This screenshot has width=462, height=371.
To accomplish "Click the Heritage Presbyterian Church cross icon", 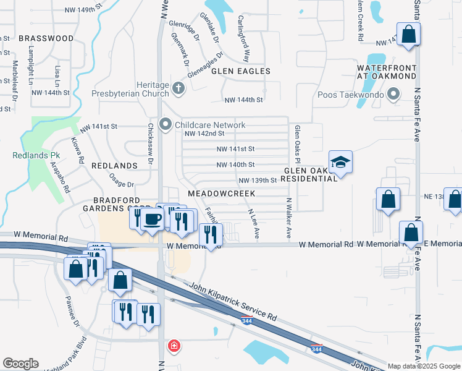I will (x=179, y=88).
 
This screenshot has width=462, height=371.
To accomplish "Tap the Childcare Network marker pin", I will (x=165, y=125).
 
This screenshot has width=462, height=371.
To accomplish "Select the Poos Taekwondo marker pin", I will (x=393, y=95).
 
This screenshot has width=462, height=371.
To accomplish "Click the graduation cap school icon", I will (x=340, y=163).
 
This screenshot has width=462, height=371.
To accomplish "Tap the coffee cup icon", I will (x=152, y=219).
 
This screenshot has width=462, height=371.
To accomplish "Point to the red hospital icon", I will (x=174, y=345).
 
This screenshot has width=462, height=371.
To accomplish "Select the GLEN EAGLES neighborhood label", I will (x=241, y=71).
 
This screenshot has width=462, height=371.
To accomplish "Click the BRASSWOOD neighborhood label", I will (x=46, y=38).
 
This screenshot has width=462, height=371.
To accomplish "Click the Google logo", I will (x=20, y=364).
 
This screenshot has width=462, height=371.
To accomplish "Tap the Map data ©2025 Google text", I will (x=423, y=366).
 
